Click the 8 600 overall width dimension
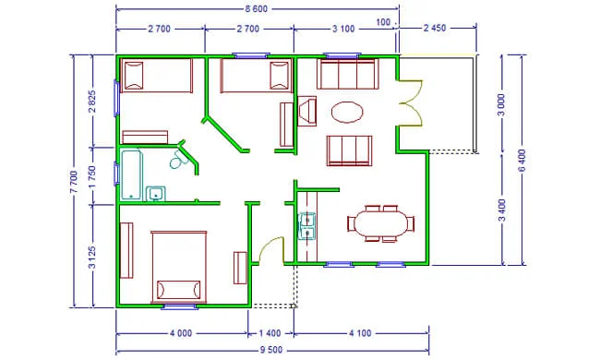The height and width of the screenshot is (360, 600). [256, 9]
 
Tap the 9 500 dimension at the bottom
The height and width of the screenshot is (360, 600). [270, 350]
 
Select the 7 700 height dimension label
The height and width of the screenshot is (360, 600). [74, 182]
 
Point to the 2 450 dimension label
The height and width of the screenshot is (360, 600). [435, 29]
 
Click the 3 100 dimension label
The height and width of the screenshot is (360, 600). [343, 29]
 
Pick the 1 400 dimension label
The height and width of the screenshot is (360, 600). [270, 333]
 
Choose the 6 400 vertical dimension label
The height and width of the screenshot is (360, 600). [522, 161]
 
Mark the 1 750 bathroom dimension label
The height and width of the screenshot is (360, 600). [92, 176]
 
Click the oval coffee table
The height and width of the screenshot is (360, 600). [347, 112]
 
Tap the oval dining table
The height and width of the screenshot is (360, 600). [381, 223]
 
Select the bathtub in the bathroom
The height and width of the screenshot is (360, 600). [131, 175]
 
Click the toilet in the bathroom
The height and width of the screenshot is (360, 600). [177, 160]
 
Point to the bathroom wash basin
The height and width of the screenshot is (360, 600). [156, 194]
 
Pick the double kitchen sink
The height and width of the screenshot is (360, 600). [306, 226]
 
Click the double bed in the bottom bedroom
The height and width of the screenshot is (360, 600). [179, 267]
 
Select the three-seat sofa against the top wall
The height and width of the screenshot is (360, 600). [348, 74]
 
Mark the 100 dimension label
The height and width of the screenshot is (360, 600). [383, 22]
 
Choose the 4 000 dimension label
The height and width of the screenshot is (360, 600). [181, 333]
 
